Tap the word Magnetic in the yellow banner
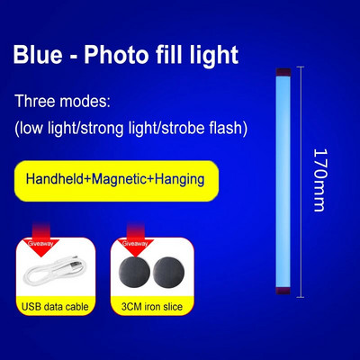[x=126, y=179]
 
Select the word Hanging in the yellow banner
[x=181, y=179]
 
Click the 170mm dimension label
[x=318, y=179]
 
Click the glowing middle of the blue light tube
[x=279, y=180]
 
